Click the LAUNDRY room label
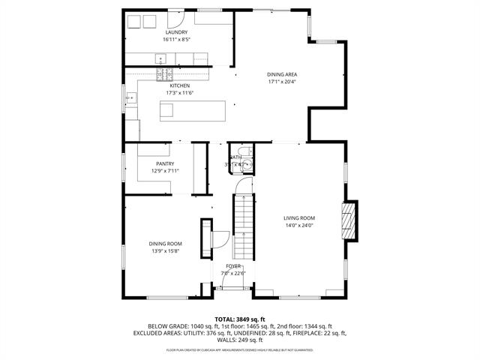point(177,33)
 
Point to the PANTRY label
point(165,163)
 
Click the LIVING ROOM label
point(298,218)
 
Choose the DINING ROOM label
point(164,244)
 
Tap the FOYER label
point(233,266)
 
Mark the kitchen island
point(193,111)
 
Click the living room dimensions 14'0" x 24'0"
point(298,225)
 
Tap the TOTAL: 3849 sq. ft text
point(239,319)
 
